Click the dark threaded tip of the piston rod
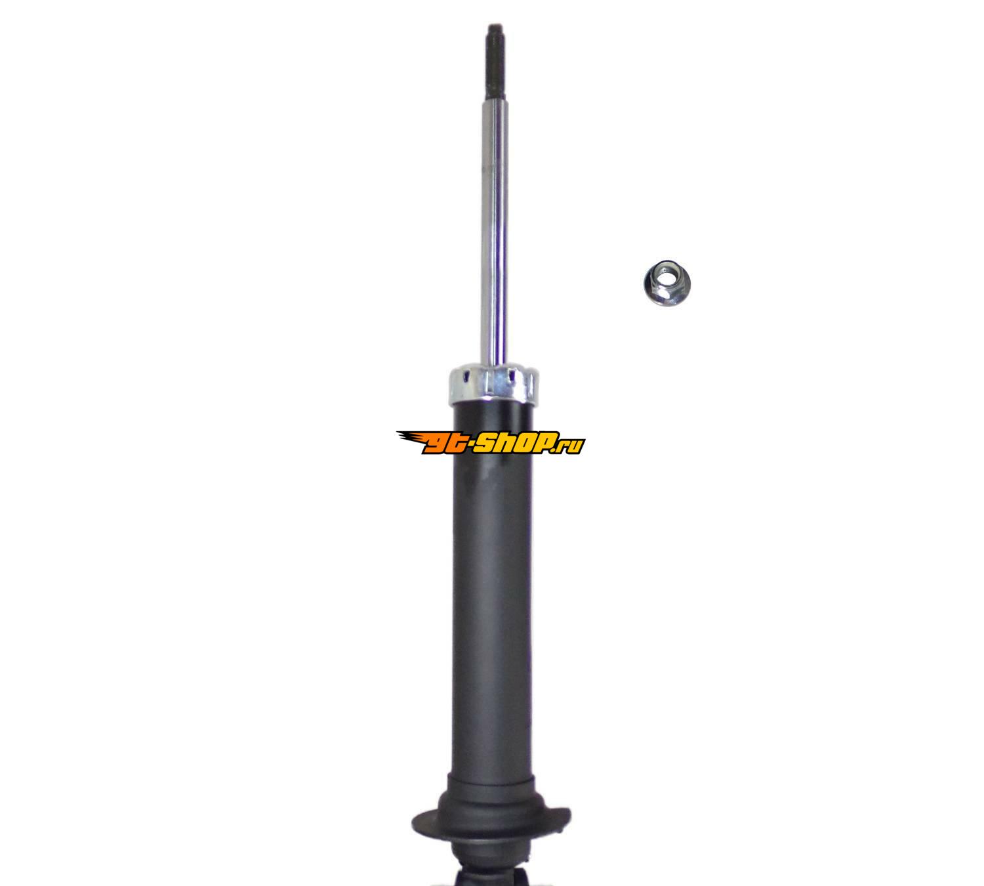(x=497, y=69)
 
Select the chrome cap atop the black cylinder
(x=493, y=382)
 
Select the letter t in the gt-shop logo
(x=456, y=443)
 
